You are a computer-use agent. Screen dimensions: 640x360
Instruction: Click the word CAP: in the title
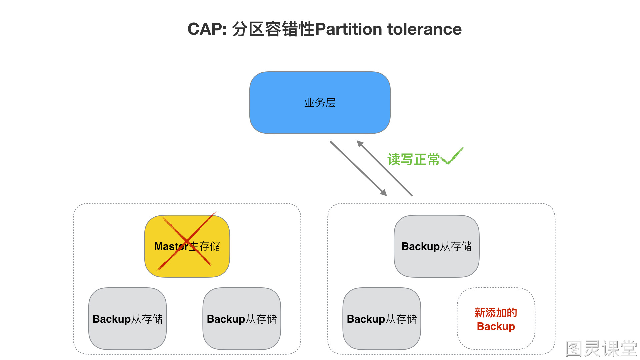click(207, 29)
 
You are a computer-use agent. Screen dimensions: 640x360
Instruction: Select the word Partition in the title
click(348, 29)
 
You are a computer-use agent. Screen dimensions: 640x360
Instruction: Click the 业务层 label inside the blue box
click(320, 103)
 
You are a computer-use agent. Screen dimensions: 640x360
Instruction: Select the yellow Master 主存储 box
click(187, 246)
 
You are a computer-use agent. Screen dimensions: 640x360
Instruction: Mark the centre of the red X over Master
click(187, 241)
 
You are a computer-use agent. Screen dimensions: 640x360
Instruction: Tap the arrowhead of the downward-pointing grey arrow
click(384, 193)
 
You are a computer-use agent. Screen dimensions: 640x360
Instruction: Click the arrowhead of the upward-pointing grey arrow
click(360, 144)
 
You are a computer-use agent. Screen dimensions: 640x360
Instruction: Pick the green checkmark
click(452, 156)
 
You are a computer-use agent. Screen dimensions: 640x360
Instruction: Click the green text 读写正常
click(413, 159)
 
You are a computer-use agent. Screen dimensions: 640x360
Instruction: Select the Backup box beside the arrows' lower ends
click(437, 246)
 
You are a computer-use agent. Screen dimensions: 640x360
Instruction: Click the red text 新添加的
click(496, 313)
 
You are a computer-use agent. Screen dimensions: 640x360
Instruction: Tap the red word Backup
click(496, 326)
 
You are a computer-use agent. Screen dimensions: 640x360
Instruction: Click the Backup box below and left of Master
click(127, 319)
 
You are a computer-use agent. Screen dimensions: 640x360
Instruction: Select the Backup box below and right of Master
click(242, 319)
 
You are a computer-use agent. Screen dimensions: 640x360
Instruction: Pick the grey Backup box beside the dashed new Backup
click(382, 319)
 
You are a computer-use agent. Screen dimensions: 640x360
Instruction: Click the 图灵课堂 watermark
click(601, 349)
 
